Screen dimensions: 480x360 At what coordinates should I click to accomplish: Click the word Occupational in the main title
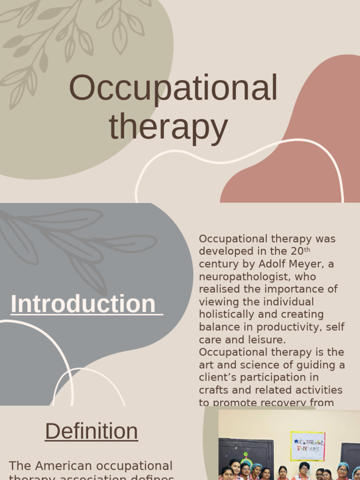coord(173,89)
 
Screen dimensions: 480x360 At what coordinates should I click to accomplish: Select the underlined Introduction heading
coord(83,304)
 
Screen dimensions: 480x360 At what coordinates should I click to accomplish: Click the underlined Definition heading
coord(91,431)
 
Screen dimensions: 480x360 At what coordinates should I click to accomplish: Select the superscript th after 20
coord(307,250)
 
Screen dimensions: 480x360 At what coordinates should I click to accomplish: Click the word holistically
coord(225,315)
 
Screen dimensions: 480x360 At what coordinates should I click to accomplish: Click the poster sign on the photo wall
coord(307,446)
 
